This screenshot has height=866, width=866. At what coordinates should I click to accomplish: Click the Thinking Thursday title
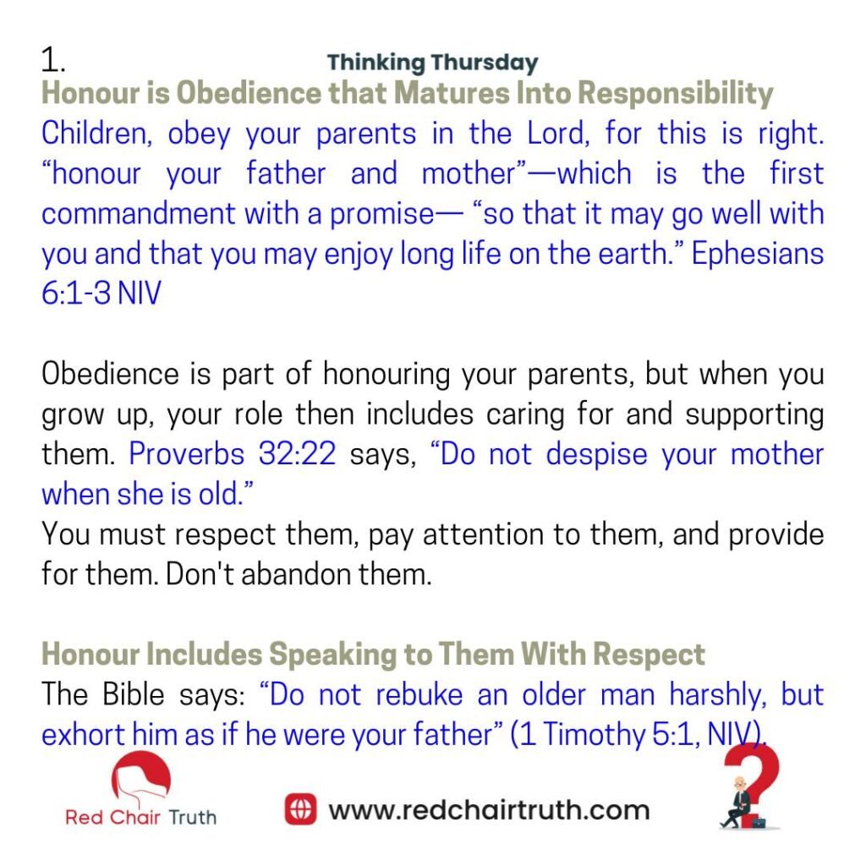(x=432, y=63)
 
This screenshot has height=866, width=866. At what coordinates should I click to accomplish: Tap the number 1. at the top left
(x=53, y=60)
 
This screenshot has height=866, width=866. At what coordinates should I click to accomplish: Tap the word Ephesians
(x=757, y=254)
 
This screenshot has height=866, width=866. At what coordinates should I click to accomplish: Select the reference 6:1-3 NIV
(x=101, y=293)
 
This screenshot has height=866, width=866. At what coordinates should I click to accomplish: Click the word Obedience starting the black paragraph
(x=110, y=374)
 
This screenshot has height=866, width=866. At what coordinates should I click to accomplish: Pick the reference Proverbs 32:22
(x=232, y=454)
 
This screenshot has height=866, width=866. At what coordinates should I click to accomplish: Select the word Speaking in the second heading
(x=332, y=655)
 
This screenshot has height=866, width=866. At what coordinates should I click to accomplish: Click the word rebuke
(x=419, y=694)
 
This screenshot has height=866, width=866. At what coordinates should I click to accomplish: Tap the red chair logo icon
(x=141, y=776)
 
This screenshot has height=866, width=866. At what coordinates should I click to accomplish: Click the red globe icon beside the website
(x=300, y=809)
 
